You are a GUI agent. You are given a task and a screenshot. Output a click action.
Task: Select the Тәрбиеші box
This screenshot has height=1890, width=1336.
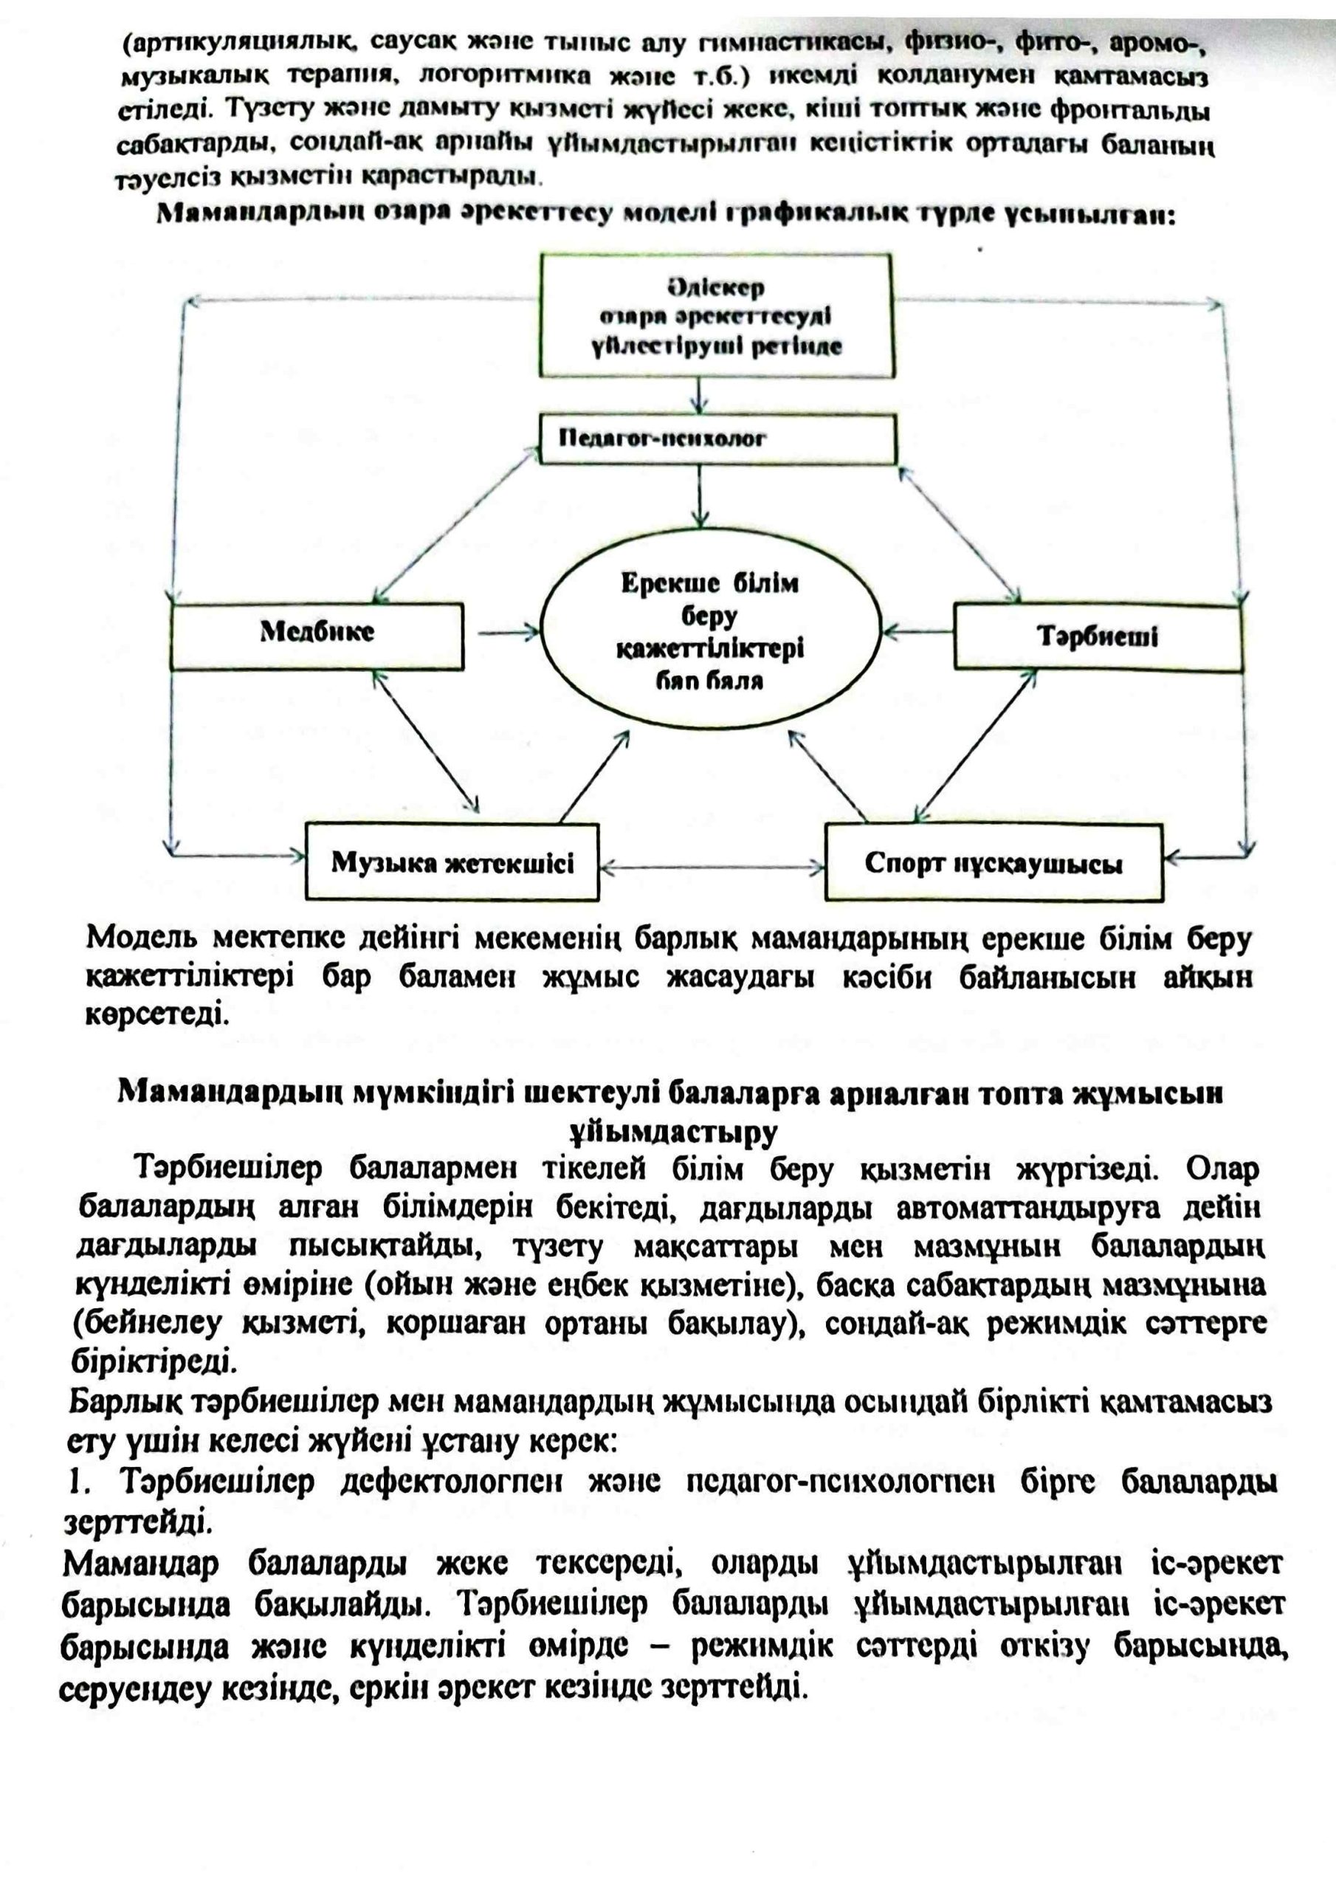[x=1096, y=638]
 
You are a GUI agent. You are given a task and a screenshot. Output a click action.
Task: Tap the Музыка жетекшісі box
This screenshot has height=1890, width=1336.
[x=452, y=862]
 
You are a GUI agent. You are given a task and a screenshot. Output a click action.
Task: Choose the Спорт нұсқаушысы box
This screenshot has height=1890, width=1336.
[x=994, y=863]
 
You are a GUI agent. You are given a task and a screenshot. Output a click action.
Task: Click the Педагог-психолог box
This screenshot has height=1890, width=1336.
[x=717, y=439]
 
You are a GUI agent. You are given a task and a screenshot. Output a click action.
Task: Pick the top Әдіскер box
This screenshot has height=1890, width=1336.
[x=716, y=316]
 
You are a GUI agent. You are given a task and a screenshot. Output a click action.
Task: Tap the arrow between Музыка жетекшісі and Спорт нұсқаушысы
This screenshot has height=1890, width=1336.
[x=712, y=867]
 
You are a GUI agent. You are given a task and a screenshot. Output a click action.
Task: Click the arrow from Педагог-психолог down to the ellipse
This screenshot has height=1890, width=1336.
[x=699, y=495]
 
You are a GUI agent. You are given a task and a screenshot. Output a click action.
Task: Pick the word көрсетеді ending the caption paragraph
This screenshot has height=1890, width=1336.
[x=155, y=1015]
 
